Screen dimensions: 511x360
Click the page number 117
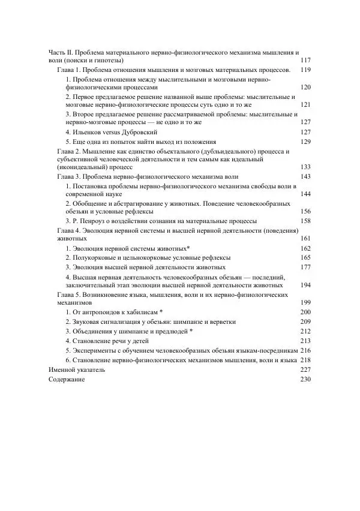(x=305, y=61)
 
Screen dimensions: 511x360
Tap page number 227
(x=305, y=371)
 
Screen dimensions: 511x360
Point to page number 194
(x=305, y=285)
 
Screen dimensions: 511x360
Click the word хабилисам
(x=140, y=312)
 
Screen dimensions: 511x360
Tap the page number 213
(x=305, y=341)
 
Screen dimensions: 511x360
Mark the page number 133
(x=305, y=167)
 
